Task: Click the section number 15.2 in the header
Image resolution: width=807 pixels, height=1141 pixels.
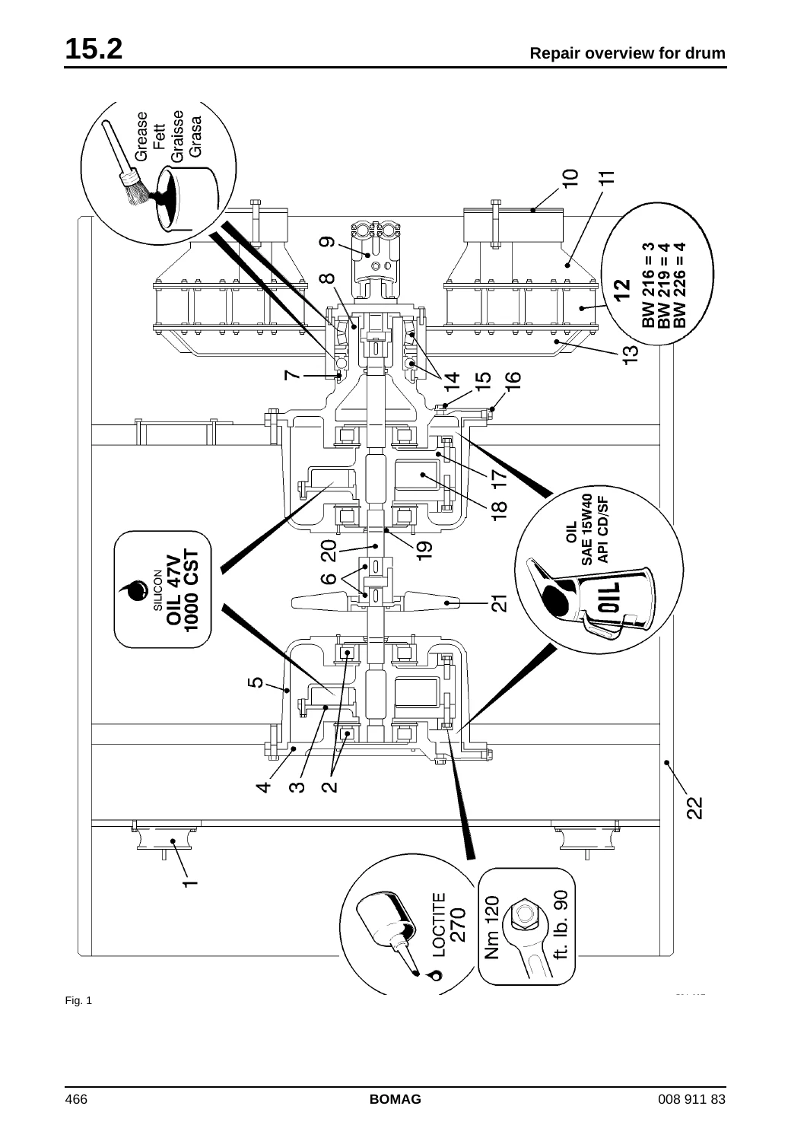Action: (x=94, y=49)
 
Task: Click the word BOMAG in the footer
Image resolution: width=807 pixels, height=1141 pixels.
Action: (x=396, y=1114)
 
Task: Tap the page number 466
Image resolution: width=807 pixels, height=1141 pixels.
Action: (x=76, y=1114)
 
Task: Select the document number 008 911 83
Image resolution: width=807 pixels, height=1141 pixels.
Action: (x=691, y=1114)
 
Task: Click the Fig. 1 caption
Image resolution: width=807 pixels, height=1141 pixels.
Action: (x=78, y=1000)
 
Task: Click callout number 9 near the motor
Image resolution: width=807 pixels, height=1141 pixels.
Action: (x=327, y=241)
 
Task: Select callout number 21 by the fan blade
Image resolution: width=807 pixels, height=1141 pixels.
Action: (x=500, y=603)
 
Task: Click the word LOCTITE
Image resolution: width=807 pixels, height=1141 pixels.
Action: (x=439, y=924)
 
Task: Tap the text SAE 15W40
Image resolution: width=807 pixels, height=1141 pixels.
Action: (x=587, y=529)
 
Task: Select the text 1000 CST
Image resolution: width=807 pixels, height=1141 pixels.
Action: (x=191, y=590)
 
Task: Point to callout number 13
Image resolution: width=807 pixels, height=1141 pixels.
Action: (x=631, y=354)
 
